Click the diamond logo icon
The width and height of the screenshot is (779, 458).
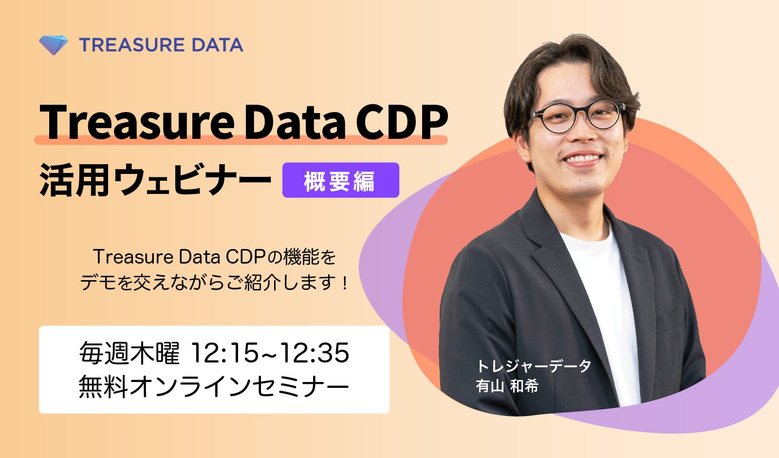pyautogui.click(x=53, y=45)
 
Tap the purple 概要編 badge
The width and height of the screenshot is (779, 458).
pyautogui.click(x=340, y=180)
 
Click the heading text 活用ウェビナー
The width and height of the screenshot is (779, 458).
pyautogui.click(x=155, y=180)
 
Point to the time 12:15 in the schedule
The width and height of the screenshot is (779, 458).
pyautogui.click(x=224, y=353)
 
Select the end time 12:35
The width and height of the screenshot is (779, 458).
pyautogui.click(x=315, y=353)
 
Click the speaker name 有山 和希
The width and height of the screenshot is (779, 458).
pyautogui.click(x=507, y=385)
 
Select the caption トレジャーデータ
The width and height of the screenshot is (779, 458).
pyautogui.click(x=533, y=366)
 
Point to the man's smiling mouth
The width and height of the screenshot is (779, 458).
pyautogui.click(x=583, y=159)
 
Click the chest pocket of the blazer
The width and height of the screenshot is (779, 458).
pyautogui.click(x=669, y=319)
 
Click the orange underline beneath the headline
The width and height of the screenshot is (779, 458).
pyautogui.click(x=241, y=140)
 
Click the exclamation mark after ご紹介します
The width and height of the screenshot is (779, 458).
pyautogui.click(x=345, y=283)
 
